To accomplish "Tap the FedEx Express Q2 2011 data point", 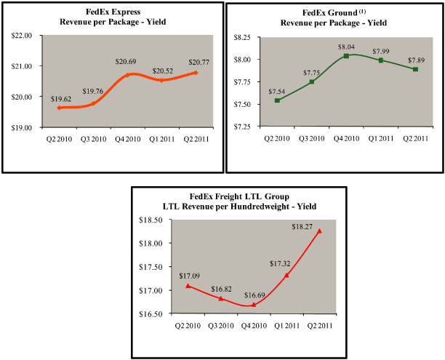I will (x=196, y=73).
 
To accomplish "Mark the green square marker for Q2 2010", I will (x=276, y=100).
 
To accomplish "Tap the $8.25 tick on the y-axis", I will (x=243, y=36).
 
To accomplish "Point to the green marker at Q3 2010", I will (x=311, y=81).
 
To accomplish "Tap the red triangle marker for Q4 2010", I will (x=254, y=305).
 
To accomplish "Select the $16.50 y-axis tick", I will (x=148, y=314).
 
